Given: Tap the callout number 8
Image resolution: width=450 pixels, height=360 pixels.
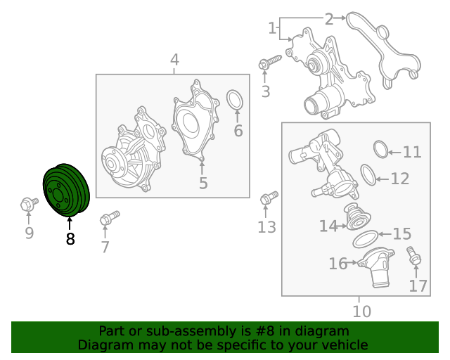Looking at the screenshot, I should (70, 239).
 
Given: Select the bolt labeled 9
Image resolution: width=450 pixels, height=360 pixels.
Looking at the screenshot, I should (28, 205).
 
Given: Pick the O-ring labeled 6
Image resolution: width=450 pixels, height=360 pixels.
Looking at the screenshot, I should (235, 101).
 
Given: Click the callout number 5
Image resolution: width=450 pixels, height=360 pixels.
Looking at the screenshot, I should (203, 184).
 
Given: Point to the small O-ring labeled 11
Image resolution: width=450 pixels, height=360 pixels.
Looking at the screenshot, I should (380, 149).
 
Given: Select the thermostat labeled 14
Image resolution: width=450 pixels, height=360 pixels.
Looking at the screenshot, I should (354, 219).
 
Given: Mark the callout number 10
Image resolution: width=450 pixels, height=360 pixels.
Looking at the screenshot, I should (361, 311).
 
